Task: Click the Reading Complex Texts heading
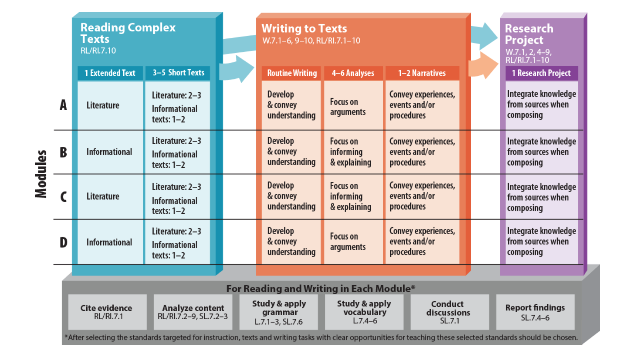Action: point(128,33)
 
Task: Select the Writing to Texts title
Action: point(304,29)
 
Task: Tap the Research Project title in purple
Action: point(529,34)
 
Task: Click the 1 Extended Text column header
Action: point(110,73)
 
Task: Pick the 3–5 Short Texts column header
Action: point(178,73)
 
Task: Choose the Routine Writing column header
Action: point(292,73)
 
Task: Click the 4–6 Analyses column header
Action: point(353,73)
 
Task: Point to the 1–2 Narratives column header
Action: point(422,73)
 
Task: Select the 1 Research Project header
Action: point(541,73)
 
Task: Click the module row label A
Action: point(64,105)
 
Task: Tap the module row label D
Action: point(64,242)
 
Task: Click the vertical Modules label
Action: point(41,174)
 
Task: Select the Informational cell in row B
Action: point(109,152)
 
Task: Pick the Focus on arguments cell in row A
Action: point(348,107)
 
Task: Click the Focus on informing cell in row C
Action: point(350,197)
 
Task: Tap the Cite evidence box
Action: point(107,312)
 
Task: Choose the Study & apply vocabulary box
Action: point(364,312)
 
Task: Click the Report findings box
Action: point(535,312)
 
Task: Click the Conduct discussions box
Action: point(449,312)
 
